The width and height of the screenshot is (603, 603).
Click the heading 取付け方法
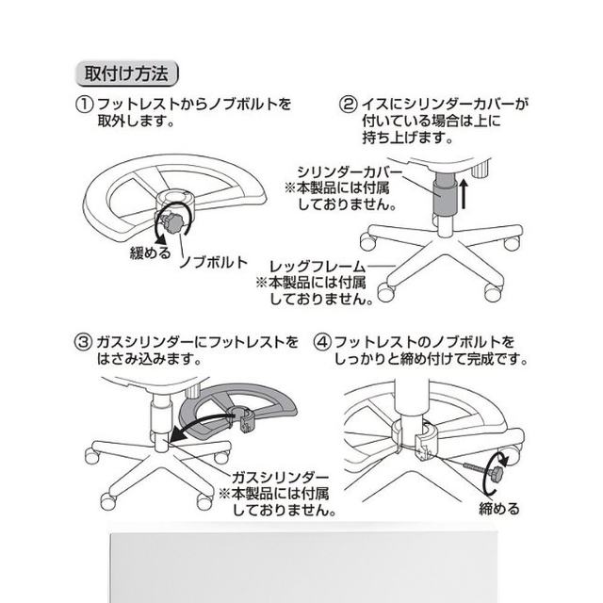(124, 73)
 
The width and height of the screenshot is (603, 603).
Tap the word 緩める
(150, 253)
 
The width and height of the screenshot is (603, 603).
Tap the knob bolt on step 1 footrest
(172, 223)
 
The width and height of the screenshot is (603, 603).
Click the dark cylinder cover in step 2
(440, 200)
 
